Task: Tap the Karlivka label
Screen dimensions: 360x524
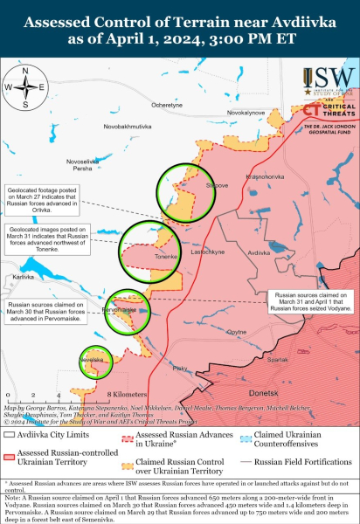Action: point(23,276)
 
